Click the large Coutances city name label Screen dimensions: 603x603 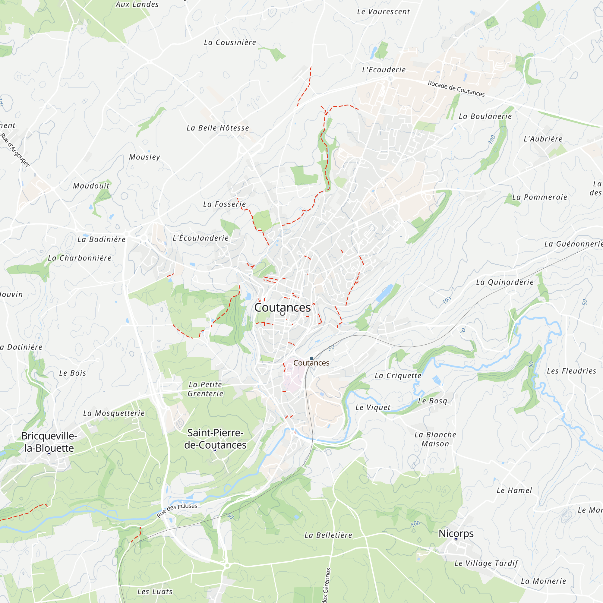click(x=283, y=308)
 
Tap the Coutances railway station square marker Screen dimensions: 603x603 click(x=311, y=358)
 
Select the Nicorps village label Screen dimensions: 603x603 click(x=456, y=533)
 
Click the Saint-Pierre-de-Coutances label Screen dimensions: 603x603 click(x=215, y=438)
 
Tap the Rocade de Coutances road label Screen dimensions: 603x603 click(x=456, y=89)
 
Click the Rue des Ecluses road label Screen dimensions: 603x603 click(x=177, y=510)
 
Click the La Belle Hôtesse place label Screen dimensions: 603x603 click(x=218, y=128)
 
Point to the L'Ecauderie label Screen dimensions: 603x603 click(x=384, y=70)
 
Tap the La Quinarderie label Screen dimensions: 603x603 click(x=505, y=282)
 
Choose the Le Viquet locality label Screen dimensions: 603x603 click(x=373, y=407)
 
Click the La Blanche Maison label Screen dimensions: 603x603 click(x=435, y=439)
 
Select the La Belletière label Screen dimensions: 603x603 click(x=328, y=535)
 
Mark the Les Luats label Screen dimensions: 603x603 click(x=155, y=592)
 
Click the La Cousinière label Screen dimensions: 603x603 click(x=230, y=43)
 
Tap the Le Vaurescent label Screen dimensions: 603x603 click(x=383, y=12)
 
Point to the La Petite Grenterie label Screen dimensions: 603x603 click(x=205, y=389)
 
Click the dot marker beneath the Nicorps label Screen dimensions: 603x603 click(x=456, y=539)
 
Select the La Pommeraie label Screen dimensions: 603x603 click(x=540, y=197)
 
